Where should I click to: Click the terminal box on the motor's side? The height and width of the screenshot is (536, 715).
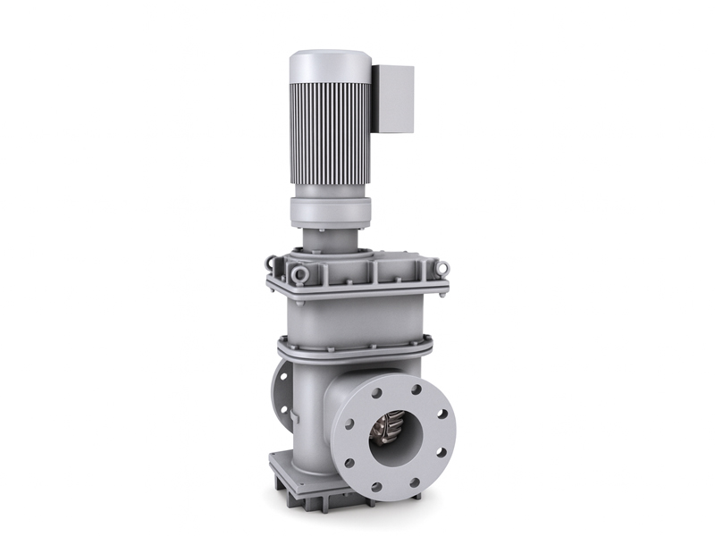[393, 98]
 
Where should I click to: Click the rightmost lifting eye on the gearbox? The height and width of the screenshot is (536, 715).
[441, 267]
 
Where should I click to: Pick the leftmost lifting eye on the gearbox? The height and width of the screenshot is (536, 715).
[271, 264]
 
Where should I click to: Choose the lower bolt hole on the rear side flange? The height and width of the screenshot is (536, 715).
[286, 412]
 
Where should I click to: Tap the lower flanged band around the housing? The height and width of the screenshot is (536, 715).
[353, 348]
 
